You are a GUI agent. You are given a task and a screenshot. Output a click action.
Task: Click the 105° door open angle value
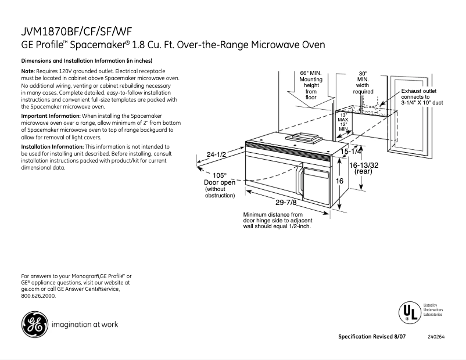pyautogui.click(x=219, y=175)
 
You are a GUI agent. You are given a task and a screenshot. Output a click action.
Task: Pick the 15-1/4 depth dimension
pyautogui.click(x=352, y=152)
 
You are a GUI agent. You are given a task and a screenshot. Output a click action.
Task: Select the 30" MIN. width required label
pyautogui.click(x=363, y=82)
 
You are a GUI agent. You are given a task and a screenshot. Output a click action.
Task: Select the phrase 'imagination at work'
pyautogui.click(x=85, y=325)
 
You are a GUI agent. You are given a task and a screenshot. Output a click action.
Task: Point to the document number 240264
pyautogui.click(x=436, y=337)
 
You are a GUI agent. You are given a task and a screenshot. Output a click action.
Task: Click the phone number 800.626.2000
pyautogui.click(x=38, y=296)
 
